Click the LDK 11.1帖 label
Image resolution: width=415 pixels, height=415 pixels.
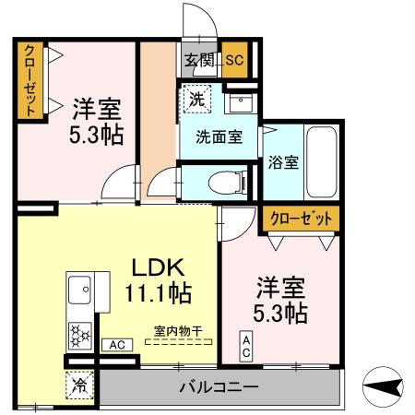[x=158, y=281]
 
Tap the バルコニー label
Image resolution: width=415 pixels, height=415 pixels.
[x=219, y=387]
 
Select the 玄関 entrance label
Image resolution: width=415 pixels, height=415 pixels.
[x=197, y=61]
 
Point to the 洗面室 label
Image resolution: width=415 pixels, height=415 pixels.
[x=219, y=137]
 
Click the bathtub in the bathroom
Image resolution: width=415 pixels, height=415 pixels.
[x=322, y=161]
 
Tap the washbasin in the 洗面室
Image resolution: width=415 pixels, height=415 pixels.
[x=241, y=101]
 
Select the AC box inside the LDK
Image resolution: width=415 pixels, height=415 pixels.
[x=118, y=345]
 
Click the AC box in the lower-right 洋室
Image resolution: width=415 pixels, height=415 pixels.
[x=246, y=349]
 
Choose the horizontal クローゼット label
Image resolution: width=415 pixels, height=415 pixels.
[x=300, y=219]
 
